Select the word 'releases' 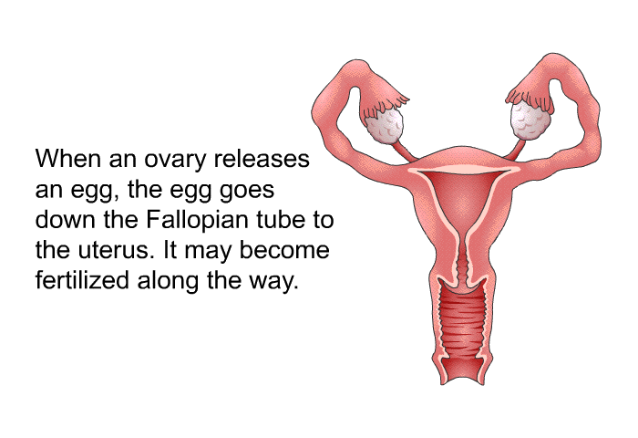[262, 158]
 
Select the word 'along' [168, 280]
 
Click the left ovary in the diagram [384, 126]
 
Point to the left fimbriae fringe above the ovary [384, 105]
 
